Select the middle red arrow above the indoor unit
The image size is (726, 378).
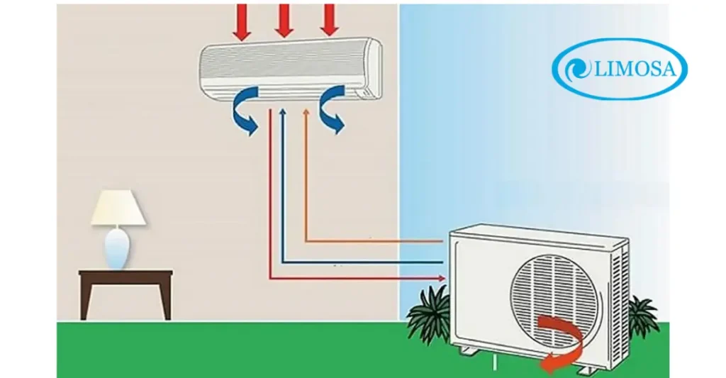[x=284, y=19]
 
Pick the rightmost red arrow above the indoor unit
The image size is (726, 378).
[x=328, y=19]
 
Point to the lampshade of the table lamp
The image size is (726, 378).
[x=118, y=208]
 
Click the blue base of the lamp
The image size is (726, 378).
[x=118, y=249]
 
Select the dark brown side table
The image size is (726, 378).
[x=125, y=287]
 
